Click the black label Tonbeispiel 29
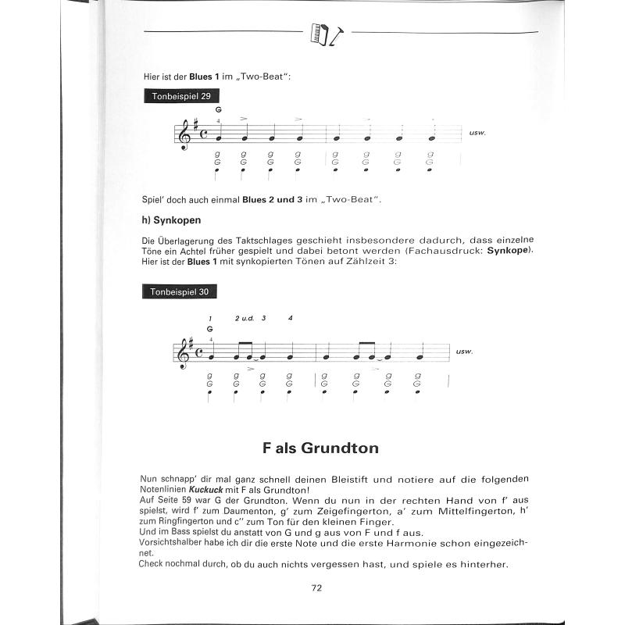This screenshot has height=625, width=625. click(x=178, y=96)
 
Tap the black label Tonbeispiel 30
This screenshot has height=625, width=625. click(x=178, y=291)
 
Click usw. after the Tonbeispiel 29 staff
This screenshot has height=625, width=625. click(x=478, y=132)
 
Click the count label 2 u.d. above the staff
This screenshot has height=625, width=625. click(x=243, y=319)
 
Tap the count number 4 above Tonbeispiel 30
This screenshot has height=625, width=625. click(x=290, y=319)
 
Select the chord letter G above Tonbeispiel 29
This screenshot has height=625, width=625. click(x=220, y=110)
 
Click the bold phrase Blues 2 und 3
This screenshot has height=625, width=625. click(x=272, y=201)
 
